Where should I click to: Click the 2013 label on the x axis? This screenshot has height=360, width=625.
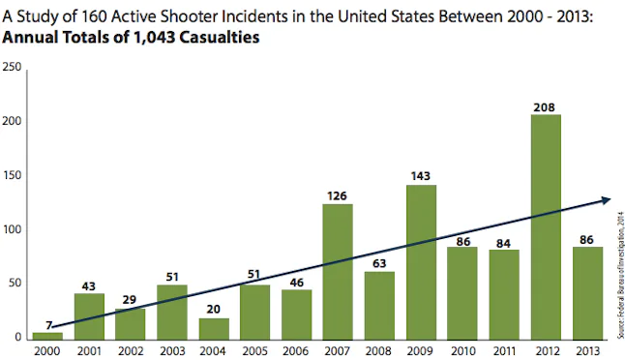pos(587,350)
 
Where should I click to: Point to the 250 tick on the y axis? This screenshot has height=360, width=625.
pos(13,67)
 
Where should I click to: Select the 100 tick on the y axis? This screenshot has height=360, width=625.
pos(13,230)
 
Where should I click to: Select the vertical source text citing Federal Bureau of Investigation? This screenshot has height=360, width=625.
pos(618,281)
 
